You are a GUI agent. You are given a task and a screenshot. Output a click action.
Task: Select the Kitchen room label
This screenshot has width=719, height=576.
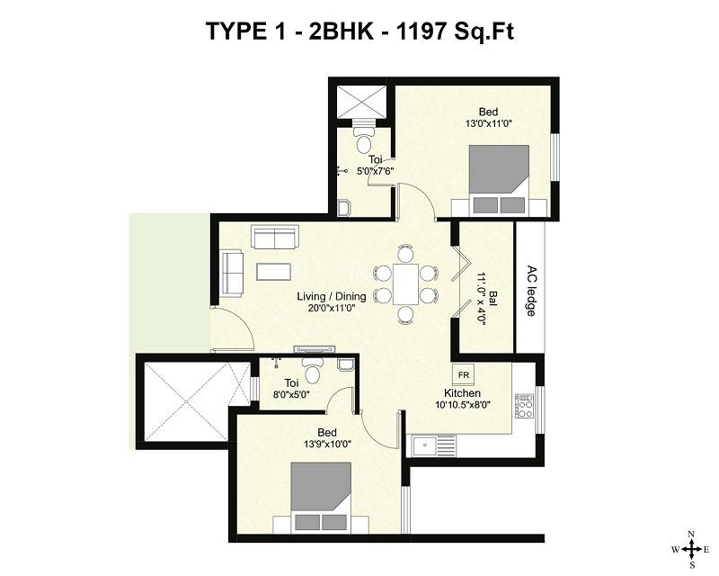(461, 393)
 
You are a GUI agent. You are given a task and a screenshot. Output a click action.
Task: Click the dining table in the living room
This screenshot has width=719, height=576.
(406, 283)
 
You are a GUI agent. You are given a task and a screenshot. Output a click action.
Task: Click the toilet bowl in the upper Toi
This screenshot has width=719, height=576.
(363, 141)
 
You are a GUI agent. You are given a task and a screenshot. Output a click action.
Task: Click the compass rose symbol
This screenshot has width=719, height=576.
(690, 548)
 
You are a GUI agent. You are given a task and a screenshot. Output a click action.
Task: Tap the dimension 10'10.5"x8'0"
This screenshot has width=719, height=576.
(461, 406)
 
